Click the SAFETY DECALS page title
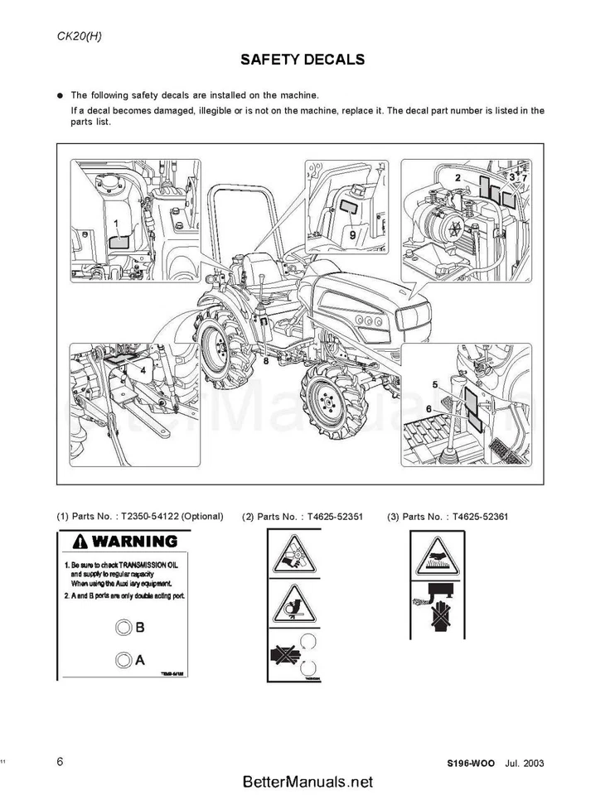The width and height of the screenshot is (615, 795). coord(303,60)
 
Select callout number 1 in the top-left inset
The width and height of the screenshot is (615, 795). coord(117,223)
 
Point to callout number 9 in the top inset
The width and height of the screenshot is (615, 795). coord(352,234)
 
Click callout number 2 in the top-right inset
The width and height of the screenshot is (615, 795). coord(458,177)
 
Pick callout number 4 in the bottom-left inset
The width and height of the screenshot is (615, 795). coord(143,370)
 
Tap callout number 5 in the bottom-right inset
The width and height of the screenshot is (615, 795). coord(435,384)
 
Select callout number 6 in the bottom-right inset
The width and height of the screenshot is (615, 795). coord(429,409)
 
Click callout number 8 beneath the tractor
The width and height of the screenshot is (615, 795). coord(265,360)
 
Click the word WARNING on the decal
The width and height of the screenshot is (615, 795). coord(134,542)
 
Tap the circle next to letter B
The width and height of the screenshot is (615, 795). coord(123,627)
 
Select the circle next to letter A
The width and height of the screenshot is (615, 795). coord(123,660)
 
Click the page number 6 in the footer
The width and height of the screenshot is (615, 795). coord(61,762)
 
